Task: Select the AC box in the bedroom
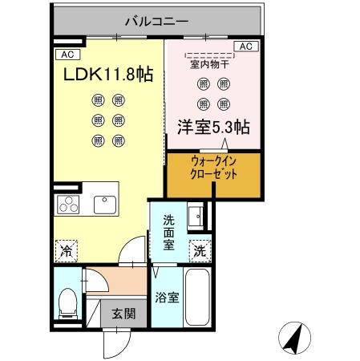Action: click(247, 47)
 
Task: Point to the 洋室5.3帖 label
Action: click(212, 126)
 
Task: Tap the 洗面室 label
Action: click(169, 233)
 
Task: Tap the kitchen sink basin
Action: click(105, 205)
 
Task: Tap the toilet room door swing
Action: click(95, 285)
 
